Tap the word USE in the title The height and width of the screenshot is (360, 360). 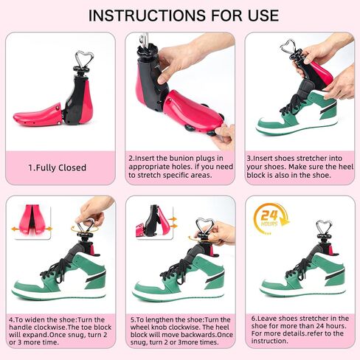(x=257, y=15)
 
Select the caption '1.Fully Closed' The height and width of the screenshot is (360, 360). (x=58, y=167)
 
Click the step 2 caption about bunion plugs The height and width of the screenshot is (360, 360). (x=179, y=167)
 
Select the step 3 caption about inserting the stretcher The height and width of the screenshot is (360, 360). (x=299, y=167)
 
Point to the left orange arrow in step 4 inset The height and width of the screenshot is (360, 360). (x=16, y=229)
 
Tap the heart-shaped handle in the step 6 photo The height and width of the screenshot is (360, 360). (x=322, y=226)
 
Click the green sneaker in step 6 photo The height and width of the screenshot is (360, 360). (x=302, y=277)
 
